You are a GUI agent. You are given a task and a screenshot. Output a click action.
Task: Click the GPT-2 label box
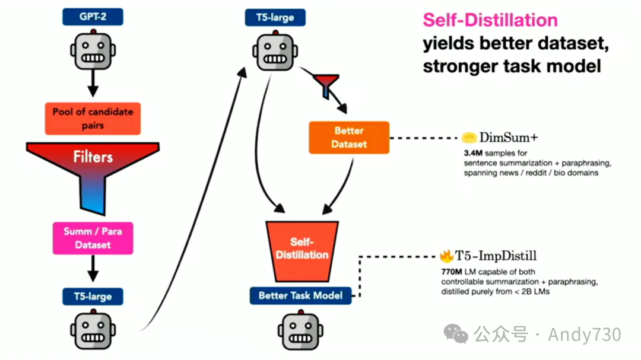pos(93,17)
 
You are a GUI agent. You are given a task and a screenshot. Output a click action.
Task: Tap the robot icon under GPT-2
pos(93,50)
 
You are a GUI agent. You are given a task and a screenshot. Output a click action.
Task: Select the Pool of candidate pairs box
pos(93,117)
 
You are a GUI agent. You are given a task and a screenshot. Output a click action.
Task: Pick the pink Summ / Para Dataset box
pos(93,237)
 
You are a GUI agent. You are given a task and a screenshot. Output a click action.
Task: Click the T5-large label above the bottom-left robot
pos(93,295)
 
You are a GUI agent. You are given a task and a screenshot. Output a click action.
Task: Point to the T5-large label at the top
pos(275,17)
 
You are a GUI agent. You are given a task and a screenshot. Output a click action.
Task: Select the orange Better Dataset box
pos(349,138)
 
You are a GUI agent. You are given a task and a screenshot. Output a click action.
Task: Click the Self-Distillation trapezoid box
pos(302,249)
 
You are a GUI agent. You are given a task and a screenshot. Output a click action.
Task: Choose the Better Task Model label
pos(300,295)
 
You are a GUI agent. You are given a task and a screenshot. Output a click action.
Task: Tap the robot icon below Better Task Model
pos(300,329)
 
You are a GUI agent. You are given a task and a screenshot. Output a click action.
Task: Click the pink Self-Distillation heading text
pos(490,20)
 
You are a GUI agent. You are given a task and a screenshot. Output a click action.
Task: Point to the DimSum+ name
pos(508,138)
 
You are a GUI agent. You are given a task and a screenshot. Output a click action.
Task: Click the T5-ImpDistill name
pos(496,256)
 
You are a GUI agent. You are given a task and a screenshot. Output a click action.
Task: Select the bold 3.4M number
pos(473,152)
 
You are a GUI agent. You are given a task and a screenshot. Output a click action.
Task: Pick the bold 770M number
pos(451,271)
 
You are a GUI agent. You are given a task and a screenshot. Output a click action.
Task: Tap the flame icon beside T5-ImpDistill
pos(446,256)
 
